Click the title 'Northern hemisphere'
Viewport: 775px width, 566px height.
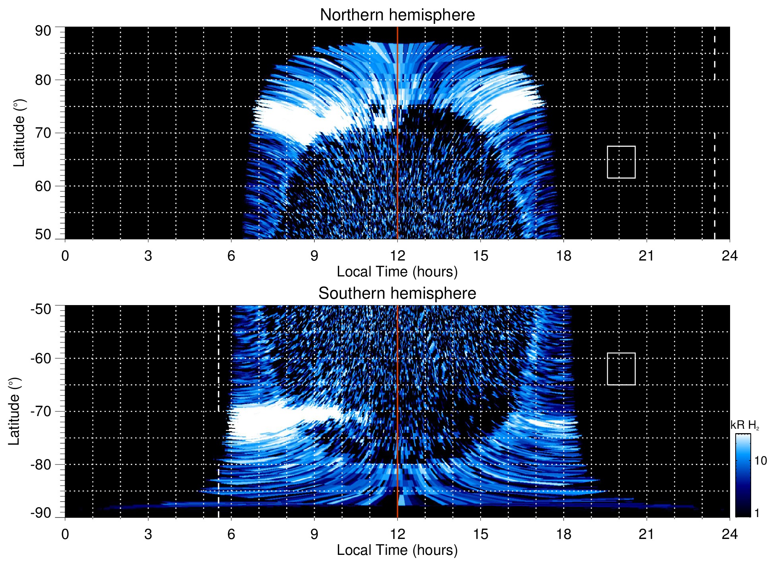[x=397, y=15]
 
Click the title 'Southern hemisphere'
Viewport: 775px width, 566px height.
[x=397, y=294]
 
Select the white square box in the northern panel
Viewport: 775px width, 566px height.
[x=621, y=162]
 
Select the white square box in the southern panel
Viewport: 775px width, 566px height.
[x=621, y=369]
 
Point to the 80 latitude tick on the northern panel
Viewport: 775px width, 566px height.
[x=43, y=80]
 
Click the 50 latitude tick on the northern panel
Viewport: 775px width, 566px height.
[x=43, y=234]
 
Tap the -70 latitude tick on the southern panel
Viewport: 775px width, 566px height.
[x=41, y=411]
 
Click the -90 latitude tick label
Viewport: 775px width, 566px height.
[x=41, y=513]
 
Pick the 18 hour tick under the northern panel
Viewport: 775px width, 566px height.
[x=564, y=256]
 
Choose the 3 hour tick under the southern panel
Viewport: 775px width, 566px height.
[x=148, y=534]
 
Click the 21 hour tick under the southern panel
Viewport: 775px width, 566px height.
[x=646, y=534]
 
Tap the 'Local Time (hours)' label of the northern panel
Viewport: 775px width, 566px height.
[x=397, y=272]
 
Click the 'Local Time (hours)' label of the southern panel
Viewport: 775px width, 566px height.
[x=397, y=550]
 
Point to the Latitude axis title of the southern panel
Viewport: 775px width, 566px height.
[x=14, y=411]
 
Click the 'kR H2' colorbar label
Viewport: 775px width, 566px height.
[x=744, y=425]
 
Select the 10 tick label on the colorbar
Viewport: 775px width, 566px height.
[x=760, y=461]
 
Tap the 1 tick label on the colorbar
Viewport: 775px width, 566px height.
[x=757, y=513]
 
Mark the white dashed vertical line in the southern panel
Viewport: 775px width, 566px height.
[x=219, y=410]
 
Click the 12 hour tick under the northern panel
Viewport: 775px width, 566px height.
[x=397, y=256]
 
